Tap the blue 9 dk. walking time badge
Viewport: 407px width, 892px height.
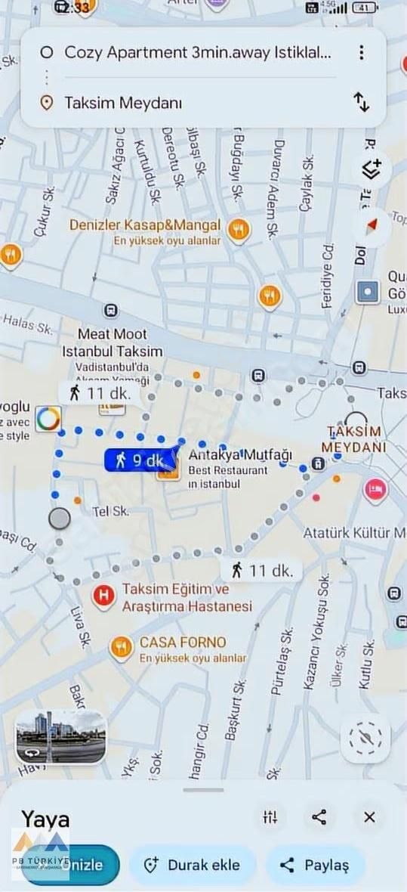pyautogui.click(x=138, y=460)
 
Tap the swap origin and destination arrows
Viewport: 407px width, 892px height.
pyautogui.click(x=362, y=102)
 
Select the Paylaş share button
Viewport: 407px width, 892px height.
pyautogui.click(x=316, y=866)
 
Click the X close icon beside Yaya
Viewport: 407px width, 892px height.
pyautogui.click(x=369, y=816)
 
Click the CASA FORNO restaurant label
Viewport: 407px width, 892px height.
pyautogui.click(x=182, y=643)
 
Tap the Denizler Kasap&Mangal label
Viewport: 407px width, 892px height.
pyautogui.click(x=145, y=225)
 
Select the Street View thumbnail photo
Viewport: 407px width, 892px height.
pyautogui.click(x=61, y=737)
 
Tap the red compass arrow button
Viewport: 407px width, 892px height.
pyautogui.click(x=372, y=225)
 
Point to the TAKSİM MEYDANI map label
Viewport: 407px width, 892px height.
pyautogui.click(x=353, y=438)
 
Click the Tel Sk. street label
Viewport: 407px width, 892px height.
pyautogui.click(x=110, y=512)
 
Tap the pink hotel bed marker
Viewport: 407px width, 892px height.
pyautogui.click(x=375, y=491)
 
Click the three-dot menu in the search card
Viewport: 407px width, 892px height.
pyautogui.click(x=362, y=52)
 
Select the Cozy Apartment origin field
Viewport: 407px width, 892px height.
pyautogui.click(x=198, y=52)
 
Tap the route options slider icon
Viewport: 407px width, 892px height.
pyautogui.click(x=270, y=816)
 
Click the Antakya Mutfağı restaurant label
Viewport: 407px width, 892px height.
pyautogui.click(x=240, y=455)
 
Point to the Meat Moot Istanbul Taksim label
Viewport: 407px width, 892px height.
pyautogui.click(x=113, y=342)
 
